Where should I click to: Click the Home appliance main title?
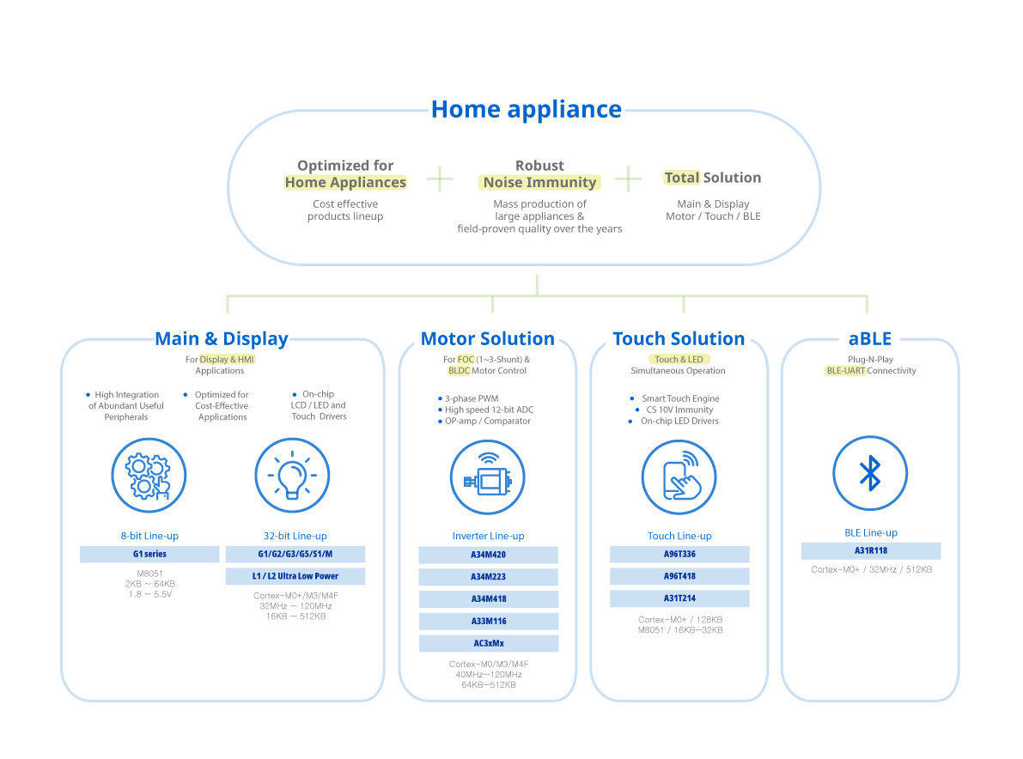[526, 109]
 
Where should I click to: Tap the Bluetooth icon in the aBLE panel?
[870, 473]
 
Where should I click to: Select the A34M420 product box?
[488, 555]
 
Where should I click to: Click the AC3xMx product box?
[488, 643]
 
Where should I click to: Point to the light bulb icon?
[292, 475]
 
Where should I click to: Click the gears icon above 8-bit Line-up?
[149, 476]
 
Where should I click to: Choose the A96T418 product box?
[679, 576]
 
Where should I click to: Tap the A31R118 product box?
[870, 551]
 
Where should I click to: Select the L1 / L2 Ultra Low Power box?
[295, 576]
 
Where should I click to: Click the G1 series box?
[149, 554]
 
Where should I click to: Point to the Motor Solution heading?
[488, 338]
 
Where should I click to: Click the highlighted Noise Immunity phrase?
[539, 182]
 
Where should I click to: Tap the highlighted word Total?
[682, 178]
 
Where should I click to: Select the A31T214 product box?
[679, 598]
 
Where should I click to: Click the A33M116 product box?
[488, 621]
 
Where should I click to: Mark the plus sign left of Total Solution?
[628, 179]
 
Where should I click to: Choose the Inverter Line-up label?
[488, 536]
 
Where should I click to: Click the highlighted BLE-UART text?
[845, 371]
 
